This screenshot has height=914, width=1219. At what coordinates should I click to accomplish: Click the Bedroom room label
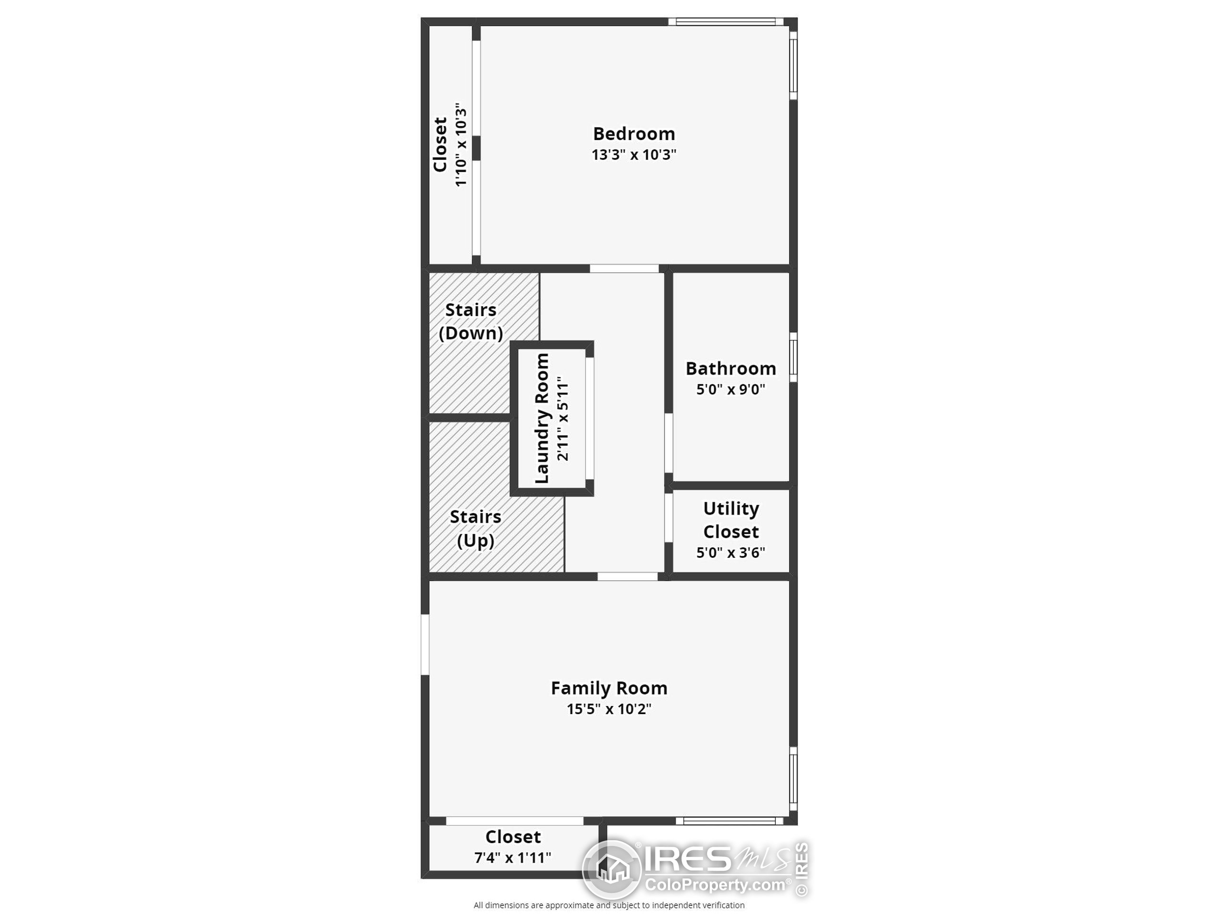634,134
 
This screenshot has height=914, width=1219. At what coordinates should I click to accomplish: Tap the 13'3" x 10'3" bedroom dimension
634,155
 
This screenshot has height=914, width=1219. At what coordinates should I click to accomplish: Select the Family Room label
609,688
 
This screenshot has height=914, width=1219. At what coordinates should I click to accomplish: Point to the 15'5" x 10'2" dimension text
609,709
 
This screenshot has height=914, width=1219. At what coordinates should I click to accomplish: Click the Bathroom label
731,368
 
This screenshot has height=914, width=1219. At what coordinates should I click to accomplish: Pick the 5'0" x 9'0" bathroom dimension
731,389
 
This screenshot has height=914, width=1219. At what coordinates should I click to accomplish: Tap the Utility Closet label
731,520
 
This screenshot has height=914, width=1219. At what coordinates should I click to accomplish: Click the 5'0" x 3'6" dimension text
731,553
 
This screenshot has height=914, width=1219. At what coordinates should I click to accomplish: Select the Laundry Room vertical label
542,419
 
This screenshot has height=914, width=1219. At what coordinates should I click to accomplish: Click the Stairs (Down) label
470,322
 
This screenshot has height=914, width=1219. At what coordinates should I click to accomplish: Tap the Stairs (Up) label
475,529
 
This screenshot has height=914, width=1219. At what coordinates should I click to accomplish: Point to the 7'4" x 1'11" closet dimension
512,858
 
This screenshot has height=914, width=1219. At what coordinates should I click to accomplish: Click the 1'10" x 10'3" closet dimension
461,144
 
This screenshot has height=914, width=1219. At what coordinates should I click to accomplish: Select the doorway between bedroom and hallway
624,269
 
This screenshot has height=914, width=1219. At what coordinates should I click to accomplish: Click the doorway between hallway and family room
627,576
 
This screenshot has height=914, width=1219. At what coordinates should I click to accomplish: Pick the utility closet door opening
669,518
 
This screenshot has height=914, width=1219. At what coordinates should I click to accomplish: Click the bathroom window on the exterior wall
793,357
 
